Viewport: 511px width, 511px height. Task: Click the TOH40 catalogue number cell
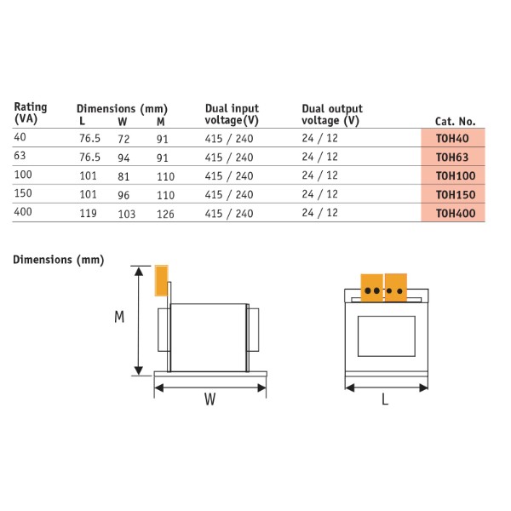coord(452,138)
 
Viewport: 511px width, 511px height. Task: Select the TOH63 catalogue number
coord(452,157)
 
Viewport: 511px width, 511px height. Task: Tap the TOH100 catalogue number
coord(452,175)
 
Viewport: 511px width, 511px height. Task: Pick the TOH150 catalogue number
coord(452,194)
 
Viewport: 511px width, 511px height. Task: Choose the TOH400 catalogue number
coord(452,213)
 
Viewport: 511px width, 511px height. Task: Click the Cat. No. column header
coord(455,121)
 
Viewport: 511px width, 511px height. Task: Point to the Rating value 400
coord(22,213)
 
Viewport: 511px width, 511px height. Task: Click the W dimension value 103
coord(126,214)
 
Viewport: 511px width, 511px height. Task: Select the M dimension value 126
coord(165,214)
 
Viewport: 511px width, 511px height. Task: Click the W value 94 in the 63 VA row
coord(123,158)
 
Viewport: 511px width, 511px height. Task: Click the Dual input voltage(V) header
coord(232,114)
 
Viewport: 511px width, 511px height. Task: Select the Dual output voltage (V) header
coord(332,114)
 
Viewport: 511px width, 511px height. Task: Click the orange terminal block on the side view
coord(160,280)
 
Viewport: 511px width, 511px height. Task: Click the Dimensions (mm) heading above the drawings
coord(58,260)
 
